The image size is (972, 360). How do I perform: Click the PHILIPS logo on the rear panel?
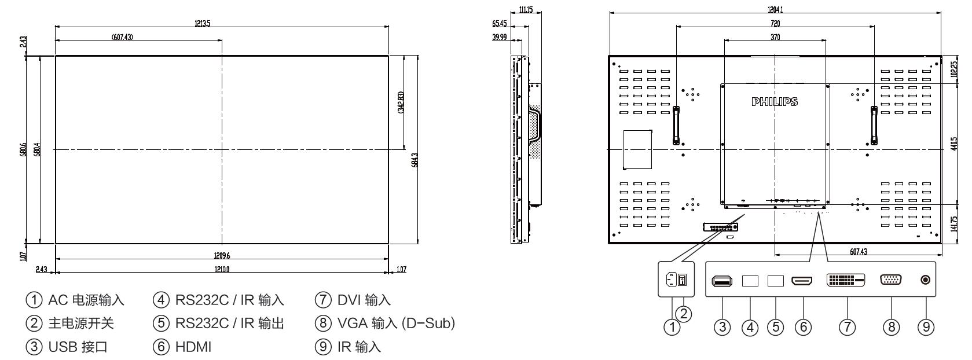(x=775, y=102)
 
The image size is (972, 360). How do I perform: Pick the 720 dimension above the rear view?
(x=775, y=23)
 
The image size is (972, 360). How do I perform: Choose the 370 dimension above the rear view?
(x=775, y=36)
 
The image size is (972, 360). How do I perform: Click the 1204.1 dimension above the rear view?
(x=775, y=10)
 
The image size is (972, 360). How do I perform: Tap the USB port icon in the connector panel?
(x=721, y=281)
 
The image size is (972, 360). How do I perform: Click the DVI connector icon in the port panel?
(x=846, y=280)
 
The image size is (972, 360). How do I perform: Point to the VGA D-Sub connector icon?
(x=890, y=280)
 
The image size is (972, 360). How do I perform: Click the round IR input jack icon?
(x=925, y=280)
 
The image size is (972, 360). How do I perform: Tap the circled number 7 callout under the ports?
(x=847, y=327)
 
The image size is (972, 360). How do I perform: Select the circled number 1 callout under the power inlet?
(x=672, y=328)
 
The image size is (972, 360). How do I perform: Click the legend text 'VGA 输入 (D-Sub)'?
(x=387, y=324)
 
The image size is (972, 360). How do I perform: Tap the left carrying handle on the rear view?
(x=676, y=124)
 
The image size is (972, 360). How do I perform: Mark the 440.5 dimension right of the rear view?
(x=953, y=144)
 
